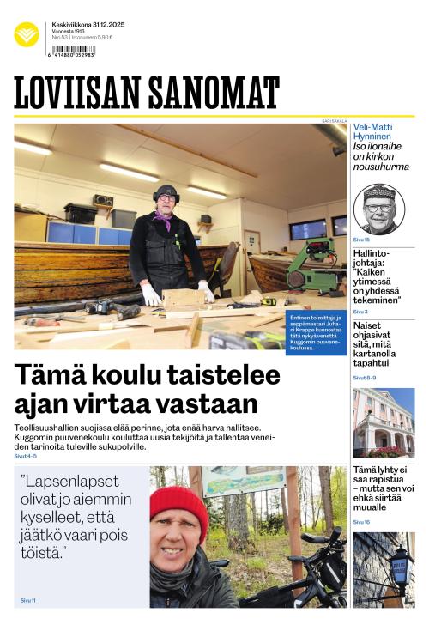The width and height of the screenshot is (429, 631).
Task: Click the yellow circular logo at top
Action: click(27, 34)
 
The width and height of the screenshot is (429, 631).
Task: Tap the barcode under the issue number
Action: click(73, 50)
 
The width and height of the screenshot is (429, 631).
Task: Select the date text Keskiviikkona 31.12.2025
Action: click(88, 25)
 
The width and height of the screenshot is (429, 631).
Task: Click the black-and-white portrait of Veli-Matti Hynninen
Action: click(378, 209)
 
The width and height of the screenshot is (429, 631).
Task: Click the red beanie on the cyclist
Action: click(178, 507)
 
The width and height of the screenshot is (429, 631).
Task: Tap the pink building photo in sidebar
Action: click(383, 422)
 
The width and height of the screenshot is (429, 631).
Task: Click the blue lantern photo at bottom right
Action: click(384, 569)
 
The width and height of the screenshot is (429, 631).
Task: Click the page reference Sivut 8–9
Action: click(365, 378)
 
